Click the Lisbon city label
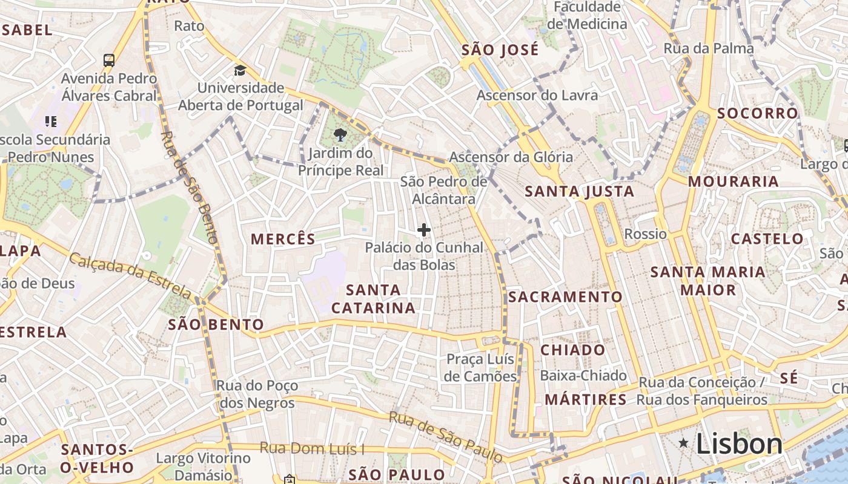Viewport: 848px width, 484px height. tap(739, 443)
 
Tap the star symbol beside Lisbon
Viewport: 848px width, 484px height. tap(683, 443)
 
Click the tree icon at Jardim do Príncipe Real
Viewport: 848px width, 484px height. tap(340, 135)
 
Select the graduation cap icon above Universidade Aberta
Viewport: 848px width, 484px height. tap(240, 70)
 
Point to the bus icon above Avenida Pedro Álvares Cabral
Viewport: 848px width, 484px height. tap(109, 60)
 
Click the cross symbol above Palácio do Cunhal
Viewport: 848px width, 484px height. tap(424, 230)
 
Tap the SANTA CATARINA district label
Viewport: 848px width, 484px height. tap(373, 299)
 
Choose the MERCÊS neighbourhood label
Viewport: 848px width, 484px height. tap(283, 239)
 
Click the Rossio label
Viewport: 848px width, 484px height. tap(645, 234)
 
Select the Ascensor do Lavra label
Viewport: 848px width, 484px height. tap(537, 95)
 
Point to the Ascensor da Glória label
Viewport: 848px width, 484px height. tap(510, 157)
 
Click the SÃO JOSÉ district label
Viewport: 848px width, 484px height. tap(500, 50)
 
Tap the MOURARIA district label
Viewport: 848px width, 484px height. tap(733, 181)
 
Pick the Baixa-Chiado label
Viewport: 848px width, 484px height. tap(583, 376)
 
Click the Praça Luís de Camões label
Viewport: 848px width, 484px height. tap(481, 368)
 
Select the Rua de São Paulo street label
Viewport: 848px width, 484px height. tap(445, 437)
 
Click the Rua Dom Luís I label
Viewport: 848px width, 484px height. tap(312, 448)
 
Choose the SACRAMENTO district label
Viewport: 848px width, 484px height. tap(565, 296)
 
